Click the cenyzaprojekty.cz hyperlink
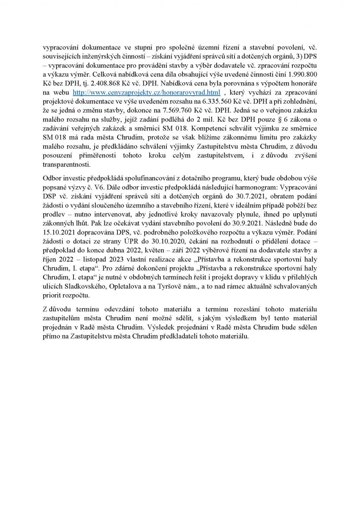[146, 92]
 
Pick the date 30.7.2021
[256, 196]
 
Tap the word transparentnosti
[66, 164]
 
